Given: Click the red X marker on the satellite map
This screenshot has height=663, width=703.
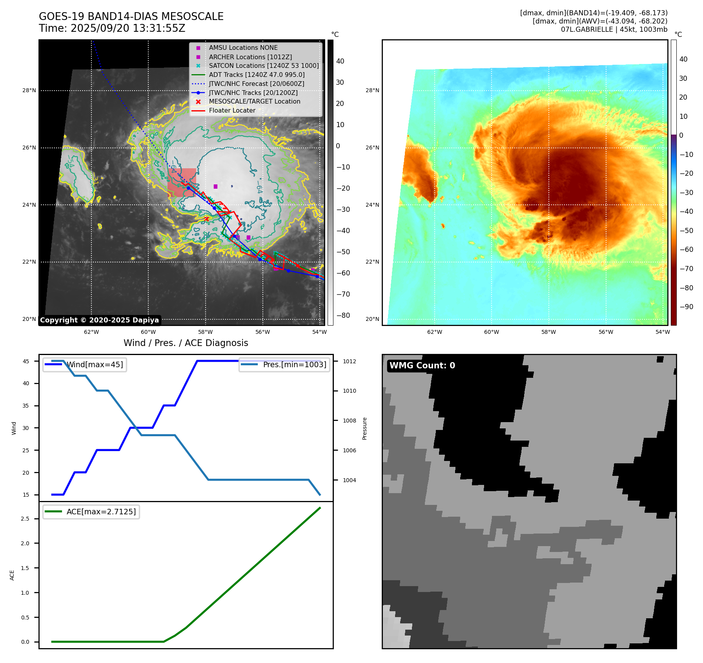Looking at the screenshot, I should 207,219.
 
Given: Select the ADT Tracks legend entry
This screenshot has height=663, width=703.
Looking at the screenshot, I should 257,75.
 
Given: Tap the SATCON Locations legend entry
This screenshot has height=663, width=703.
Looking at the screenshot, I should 264,66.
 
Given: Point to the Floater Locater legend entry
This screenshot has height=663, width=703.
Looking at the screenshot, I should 232,110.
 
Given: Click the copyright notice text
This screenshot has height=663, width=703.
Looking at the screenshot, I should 100,320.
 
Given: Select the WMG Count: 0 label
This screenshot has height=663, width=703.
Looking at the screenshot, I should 422,366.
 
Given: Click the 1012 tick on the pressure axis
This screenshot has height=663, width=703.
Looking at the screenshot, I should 350,361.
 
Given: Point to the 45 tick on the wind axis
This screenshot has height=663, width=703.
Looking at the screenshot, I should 26,361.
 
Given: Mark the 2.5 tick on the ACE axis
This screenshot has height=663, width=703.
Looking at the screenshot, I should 25,519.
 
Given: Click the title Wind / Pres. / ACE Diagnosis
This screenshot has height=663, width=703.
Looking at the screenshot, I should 186,343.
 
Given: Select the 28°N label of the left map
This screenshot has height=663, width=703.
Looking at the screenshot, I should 29,90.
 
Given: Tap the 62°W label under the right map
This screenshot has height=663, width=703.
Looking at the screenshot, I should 435,332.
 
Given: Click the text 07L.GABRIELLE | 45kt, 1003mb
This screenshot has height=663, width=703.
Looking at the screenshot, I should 614,29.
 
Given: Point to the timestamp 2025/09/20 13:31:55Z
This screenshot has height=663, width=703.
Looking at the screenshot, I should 128,28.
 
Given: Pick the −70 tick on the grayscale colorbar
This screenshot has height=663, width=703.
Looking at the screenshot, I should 343,294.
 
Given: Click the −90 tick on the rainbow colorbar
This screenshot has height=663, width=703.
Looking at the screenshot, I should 686,307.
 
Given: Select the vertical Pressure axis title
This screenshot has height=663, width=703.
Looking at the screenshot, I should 364,428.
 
